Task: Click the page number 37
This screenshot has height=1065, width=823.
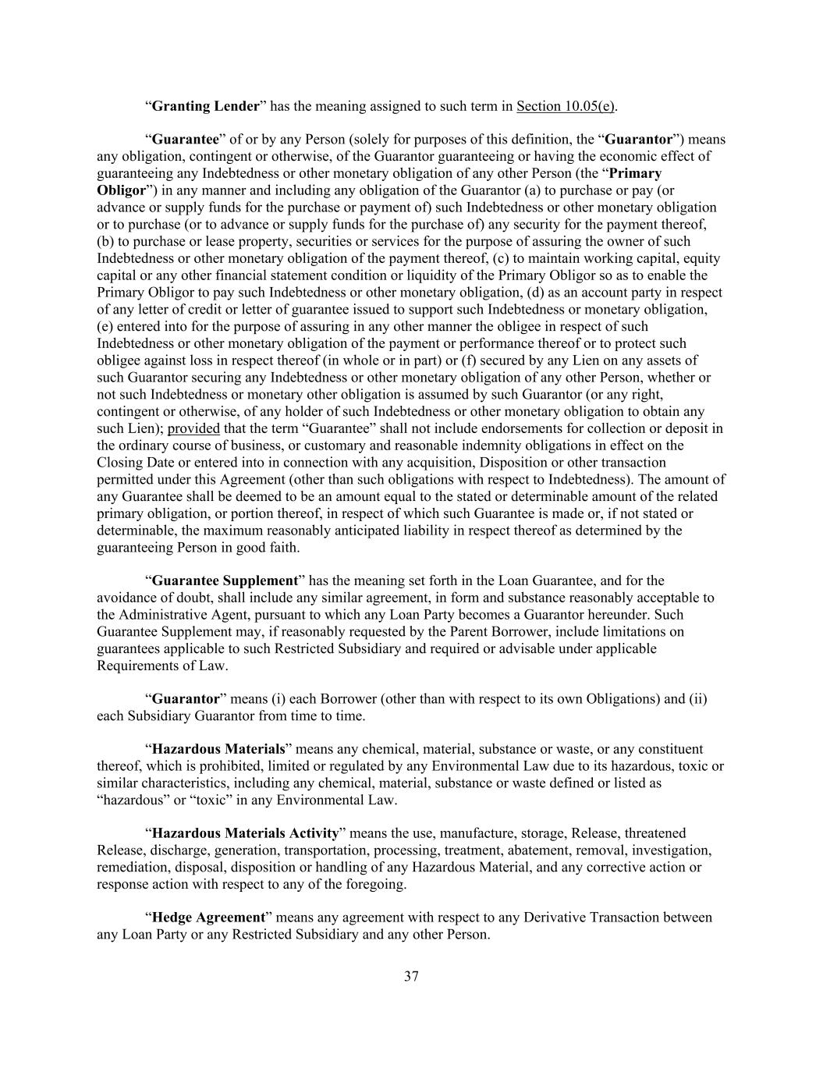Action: click(x=411, y=976)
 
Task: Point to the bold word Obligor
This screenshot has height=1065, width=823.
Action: click(x=121, y=190)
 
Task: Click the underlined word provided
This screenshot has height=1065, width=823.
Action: click(x=193, y=428)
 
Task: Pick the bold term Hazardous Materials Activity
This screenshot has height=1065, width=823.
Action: click(x=245, y=833)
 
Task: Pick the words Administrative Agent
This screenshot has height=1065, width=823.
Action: click(x=177, y=615)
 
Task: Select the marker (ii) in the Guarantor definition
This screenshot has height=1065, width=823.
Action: click(x=698, y=699)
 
